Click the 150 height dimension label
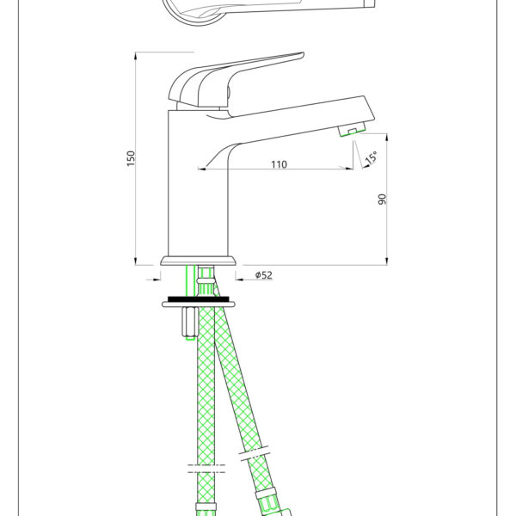(x=131, y=158)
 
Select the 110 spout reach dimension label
(x=279, y=164)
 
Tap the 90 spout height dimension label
(x=382, y=200)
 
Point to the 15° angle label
(x=372, y=157)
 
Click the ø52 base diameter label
(x=264, y=275)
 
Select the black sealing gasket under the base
(x=199, y=299)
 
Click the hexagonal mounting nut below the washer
(x=190, y=322)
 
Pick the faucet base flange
(x=199, y=261)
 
